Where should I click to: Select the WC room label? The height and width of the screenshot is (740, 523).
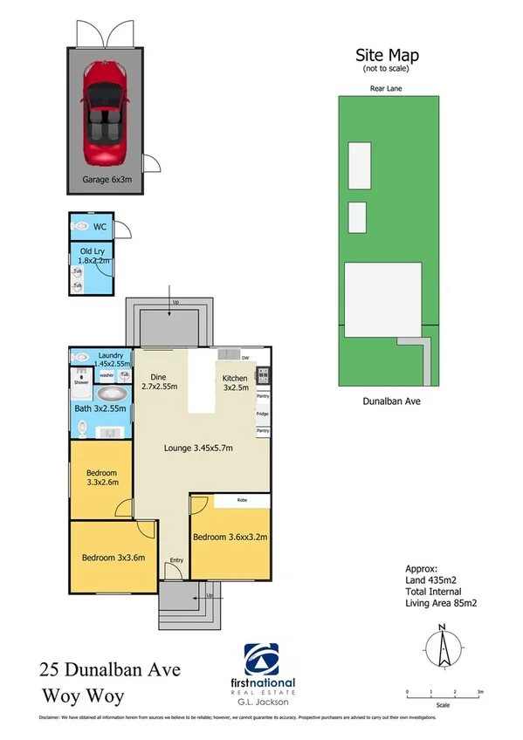[100, 226]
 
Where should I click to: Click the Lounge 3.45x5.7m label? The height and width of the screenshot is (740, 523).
[199, 449]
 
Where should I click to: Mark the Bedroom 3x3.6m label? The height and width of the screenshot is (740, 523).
[113, 558]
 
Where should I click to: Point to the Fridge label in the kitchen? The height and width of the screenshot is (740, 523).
[262, 414]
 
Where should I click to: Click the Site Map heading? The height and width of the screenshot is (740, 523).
[386, 54]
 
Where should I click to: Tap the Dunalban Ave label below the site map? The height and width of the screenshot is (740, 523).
[387, 402]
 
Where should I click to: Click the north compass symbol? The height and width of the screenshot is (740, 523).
[443, 650]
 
